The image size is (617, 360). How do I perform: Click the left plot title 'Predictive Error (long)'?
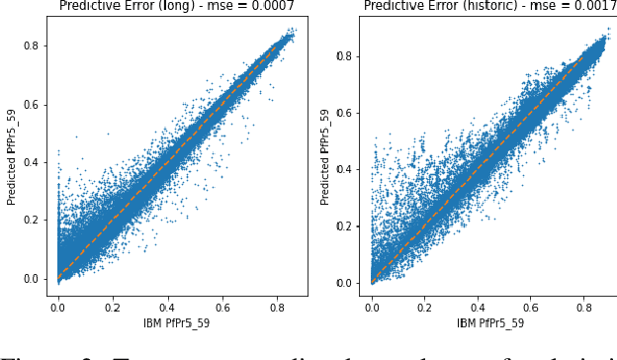click(x=126, y=6)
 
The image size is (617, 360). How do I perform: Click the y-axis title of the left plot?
click(x=13, y=158)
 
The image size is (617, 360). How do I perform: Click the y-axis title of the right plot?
click(x=326, y=158)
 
